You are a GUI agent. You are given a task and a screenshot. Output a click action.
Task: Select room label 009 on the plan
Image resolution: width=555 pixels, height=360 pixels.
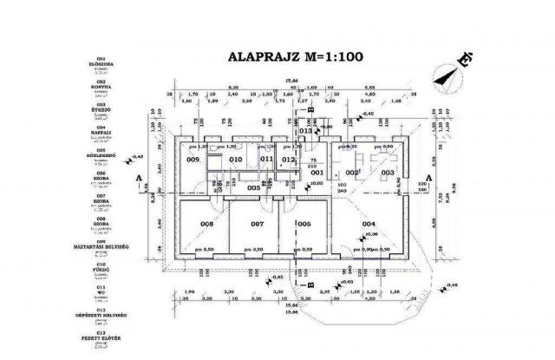(x=193, y=160)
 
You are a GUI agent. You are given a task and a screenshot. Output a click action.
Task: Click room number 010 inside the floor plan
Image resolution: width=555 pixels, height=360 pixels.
(x=235, y=160)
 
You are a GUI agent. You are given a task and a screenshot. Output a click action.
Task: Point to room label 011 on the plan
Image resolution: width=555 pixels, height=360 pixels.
(x=267, y=160)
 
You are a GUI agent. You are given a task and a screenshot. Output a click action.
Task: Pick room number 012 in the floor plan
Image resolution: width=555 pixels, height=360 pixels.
(x=290, y=160)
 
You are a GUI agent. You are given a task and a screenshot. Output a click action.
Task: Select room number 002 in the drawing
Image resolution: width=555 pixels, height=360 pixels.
(x=352, y=173)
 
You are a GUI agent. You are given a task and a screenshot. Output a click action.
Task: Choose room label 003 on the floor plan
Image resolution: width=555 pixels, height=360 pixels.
(x=388, y=173)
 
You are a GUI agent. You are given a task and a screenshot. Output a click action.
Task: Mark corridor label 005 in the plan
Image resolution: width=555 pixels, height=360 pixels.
(x=253, y=187)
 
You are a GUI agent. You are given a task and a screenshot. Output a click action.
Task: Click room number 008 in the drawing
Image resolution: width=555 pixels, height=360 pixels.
(x=206, y=224)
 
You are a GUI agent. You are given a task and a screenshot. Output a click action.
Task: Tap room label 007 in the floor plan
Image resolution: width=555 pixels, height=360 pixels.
(x=257, y=224)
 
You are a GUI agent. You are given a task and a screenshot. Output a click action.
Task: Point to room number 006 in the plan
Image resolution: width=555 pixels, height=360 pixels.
(x=304, y=224)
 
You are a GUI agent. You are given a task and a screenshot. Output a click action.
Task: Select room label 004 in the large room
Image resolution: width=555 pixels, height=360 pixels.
(x=369, y=224)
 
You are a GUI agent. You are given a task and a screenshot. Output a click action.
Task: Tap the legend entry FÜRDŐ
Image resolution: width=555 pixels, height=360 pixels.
(x=23, y=268)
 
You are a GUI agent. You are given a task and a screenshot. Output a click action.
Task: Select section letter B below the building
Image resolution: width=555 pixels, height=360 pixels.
(x=310, y=284)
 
